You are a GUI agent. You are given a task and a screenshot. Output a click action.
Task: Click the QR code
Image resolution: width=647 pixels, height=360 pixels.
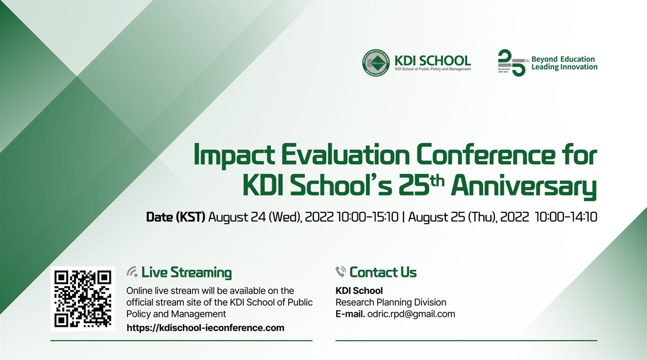tap(83, 299)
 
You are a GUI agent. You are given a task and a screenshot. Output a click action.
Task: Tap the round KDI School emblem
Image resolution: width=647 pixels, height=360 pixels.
tap(376, 63)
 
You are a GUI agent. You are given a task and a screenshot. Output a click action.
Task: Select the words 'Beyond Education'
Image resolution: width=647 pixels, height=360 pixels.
tap(563, 59)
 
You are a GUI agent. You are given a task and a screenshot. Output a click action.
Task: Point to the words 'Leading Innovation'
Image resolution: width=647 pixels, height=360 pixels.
tap(564, 67)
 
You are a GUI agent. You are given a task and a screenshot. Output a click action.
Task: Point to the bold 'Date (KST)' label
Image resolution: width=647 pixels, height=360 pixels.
tap(175, 217)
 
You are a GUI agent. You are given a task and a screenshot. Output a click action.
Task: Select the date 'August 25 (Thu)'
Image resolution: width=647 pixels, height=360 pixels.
tap(451, 217)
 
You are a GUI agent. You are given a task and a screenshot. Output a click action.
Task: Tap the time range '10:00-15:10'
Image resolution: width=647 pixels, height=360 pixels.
tap(367, 217)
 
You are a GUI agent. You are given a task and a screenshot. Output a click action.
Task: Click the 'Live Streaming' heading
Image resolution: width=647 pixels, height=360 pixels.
tap(186, 273)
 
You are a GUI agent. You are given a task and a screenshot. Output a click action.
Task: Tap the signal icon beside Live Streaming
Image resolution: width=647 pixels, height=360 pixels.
tap(132, 272)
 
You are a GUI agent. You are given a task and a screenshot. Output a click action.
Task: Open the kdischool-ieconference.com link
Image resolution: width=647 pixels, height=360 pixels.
tap(205, 328)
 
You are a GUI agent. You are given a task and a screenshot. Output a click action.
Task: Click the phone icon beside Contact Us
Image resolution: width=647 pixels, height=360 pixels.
tap(341, 272)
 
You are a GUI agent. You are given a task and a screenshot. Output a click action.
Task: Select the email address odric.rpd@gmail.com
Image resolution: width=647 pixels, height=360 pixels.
tap(411, 314)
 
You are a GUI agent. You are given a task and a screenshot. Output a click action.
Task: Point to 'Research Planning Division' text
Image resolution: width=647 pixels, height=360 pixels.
tap(391, 303)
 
